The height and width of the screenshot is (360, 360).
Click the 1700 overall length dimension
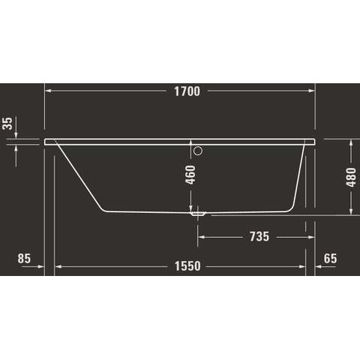click(x=187, y=91)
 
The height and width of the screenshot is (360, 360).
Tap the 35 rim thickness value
click(x=7, y=124)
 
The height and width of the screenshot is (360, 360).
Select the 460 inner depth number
click(x=190, y=175)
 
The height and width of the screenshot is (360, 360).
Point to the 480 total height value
click(x=351, y=177)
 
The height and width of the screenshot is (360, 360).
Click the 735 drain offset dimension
click(x=259, y=236)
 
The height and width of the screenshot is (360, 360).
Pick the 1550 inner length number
click(x=187, y=266)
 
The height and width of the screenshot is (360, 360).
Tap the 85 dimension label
click(x=24, y=259)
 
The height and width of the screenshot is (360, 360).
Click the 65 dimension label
click(x=330, y=259)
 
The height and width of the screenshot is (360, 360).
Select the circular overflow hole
click(x=198, y=151)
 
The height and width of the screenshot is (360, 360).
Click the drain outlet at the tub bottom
click(x=198, y=214)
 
